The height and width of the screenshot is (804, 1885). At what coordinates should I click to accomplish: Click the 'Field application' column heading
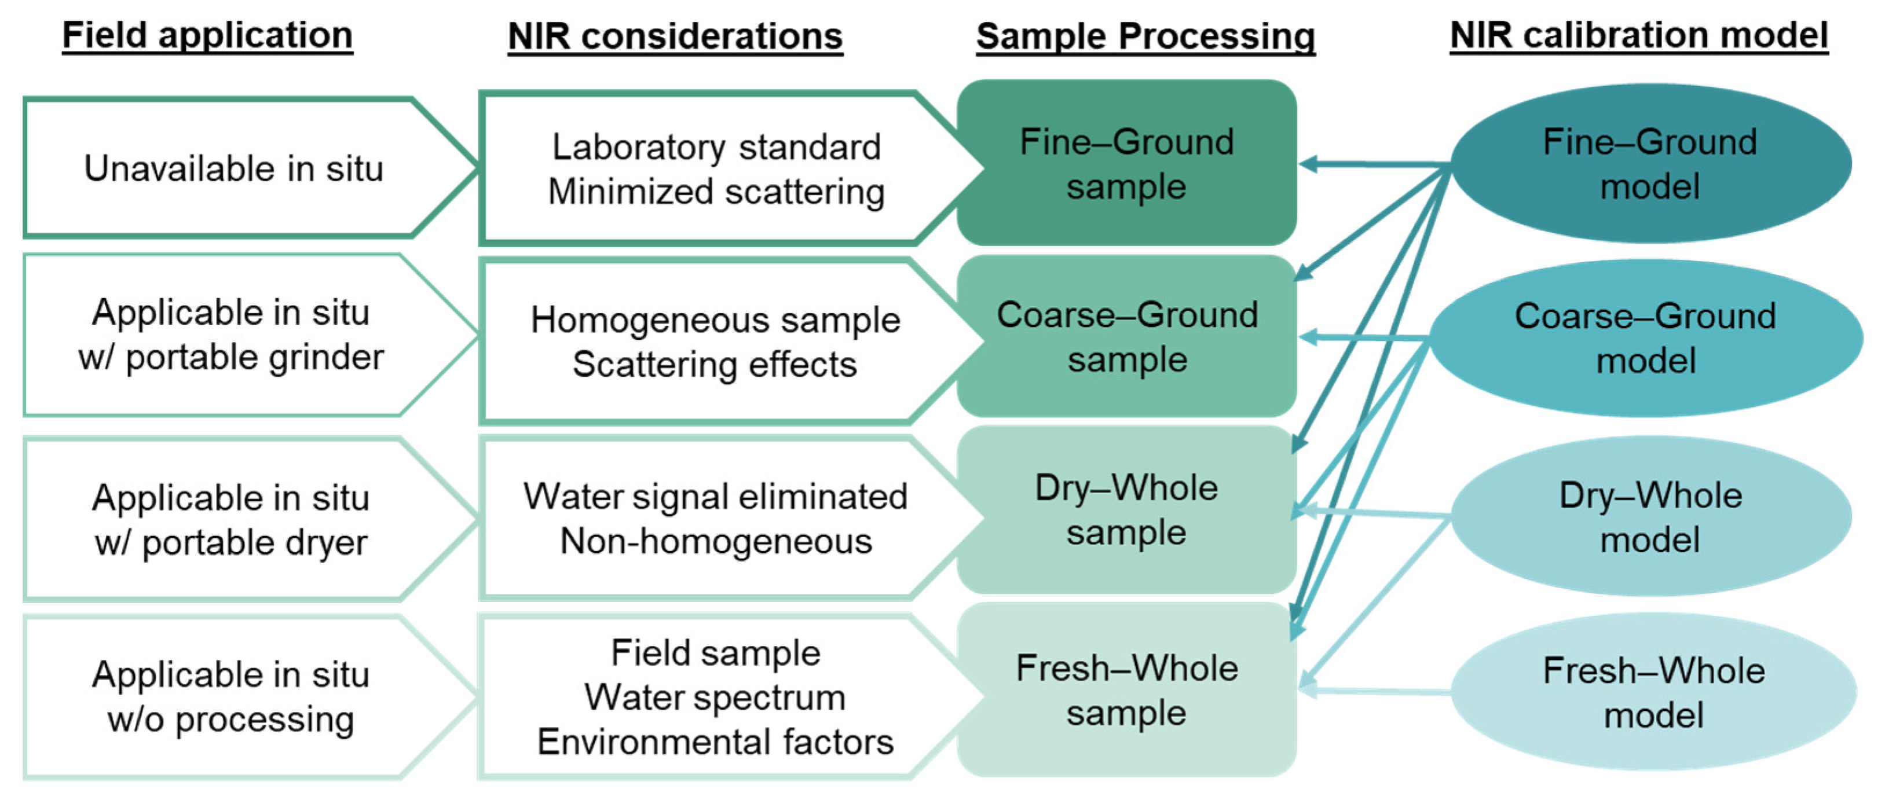click(x=207, y=35)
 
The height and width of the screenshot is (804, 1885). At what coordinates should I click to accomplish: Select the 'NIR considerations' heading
click(x=675, y=36)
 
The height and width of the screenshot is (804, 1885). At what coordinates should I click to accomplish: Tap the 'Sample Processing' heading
click(x=1145, y=36)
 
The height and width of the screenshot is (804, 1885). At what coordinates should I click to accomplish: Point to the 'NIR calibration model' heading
click(x=1638, y=35)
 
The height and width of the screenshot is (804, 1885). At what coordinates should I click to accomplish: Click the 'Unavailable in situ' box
click(x=233, y=168)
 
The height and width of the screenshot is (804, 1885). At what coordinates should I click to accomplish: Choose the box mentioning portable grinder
click(x=231, y=335)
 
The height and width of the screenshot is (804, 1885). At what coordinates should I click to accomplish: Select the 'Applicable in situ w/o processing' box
click(x=231, y=697)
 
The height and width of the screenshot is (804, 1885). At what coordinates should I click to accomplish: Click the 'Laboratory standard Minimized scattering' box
click(x=716, y=169)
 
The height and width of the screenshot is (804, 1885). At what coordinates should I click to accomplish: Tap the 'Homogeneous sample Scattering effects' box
click(x=715, y=342)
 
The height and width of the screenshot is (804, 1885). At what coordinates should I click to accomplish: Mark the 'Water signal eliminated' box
click(x=715, y=519)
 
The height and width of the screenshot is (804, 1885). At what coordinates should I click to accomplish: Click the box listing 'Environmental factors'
click(x=715, y=697)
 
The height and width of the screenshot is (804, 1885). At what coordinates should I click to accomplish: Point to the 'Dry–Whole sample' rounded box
click(x=1126, y=510)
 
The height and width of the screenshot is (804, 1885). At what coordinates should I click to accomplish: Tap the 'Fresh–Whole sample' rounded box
click(x=1126, y=690)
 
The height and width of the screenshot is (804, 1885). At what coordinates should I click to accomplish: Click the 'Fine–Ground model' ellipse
click(x=1649, y=164)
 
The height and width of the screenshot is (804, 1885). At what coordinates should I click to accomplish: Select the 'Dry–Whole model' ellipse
click(x=1650, y=517)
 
